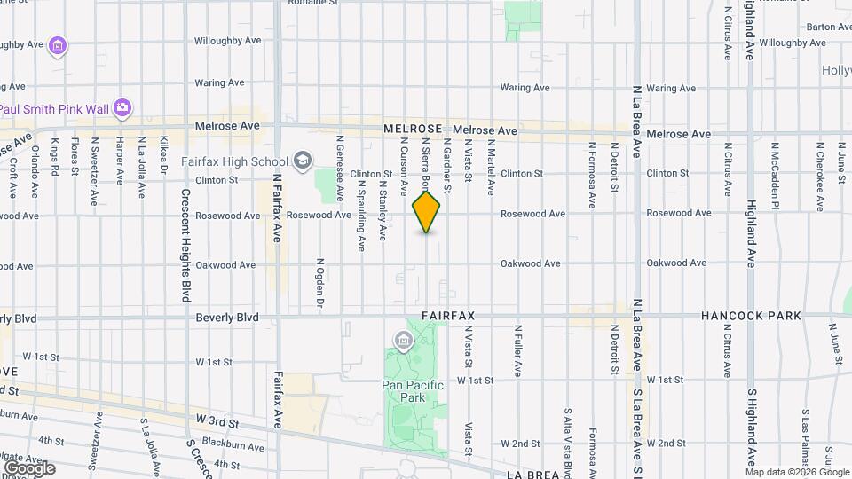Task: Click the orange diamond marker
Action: (x=427, y=211)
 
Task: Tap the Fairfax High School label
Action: (x=234, y=161)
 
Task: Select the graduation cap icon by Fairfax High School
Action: (x=303, y=161)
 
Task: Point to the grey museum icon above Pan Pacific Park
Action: (x=404, y=340)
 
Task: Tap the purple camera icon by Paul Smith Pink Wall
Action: (x=122, y=109)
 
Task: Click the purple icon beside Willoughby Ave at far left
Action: (x=59, y=44)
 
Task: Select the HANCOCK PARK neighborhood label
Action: (x=750, y=316)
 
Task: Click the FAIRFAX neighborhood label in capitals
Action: (x=449, y=316)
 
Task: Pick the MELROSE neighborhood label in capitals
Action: (x=413, y=130)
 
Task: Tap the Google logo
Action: (x=28, y=468)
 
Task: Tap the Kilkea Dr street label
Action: (x=163, y=153)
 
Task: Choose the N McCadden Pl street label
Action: (x=774, y=175)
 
